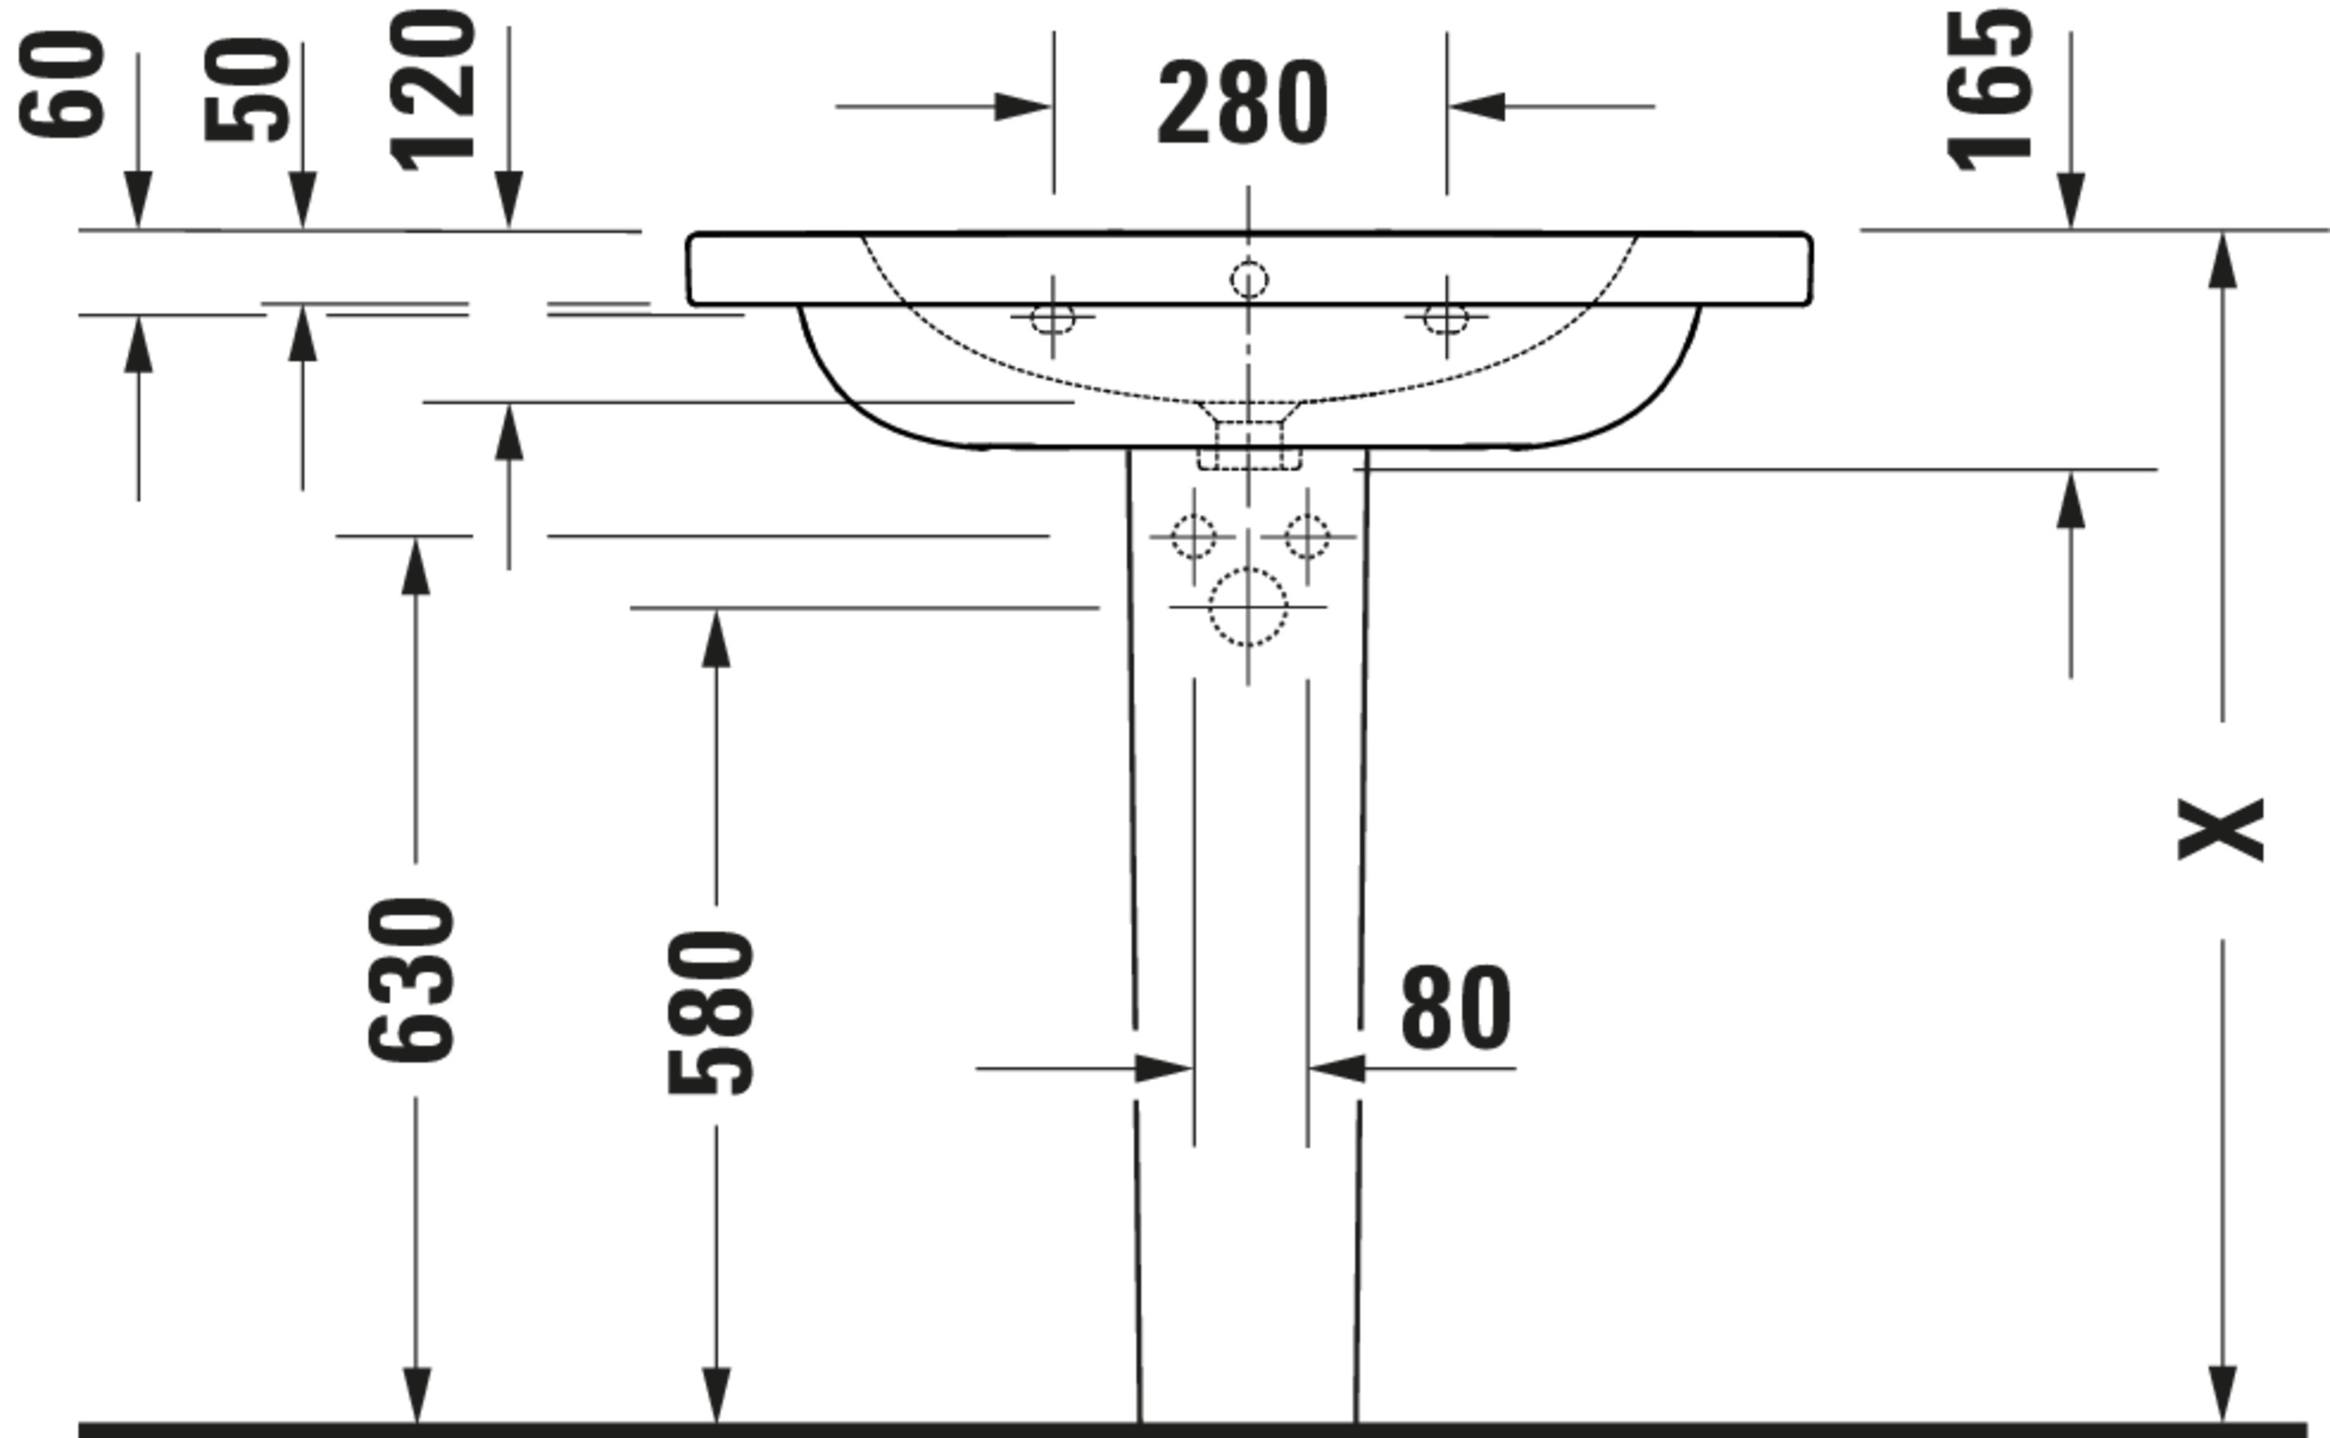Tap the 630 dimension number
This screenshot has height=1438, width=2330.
pyautogui.click(x=412, y=980)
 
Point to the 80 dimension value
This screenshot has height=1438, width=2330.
pyautogui.click(x=1456, y=1008)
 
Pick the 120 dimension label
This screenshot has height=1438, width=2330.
pyautogui.click(x=433, y=90)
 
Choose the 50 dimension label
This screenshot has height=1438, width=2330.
pyautogui.click(x=247, y=90)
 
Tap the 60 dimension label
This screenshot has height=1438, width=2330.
pyautogui.click(x=62, y=85)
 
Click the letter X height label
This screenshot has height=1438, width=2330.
pyautogui.click(x=2220, y=830)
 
